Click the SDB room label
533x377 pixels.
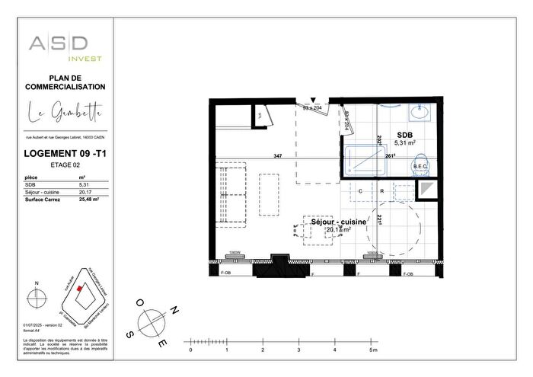click(403, 135)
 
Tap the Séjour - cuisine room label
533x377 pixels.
click(338, 222)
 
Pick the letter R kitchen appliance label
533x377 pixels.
click(381, 191)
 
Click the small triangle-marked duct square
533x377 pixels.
click(428, 190)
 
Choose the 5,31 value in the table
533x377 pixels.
click(83, 184)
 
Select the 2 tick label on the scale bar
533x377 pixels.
click(263, 350)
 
